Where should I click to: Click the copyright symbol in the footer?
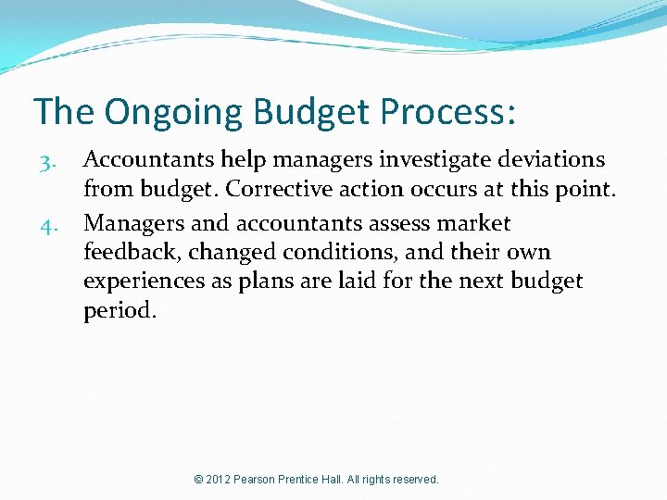pyautogui.click(x=199, y=480)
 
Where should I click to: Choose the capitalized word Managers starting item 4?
pyautogui.click(x=132, y=223)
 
